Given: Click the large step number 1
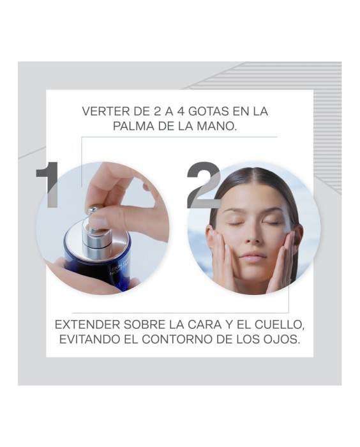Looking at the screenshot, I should [x=48, y=185].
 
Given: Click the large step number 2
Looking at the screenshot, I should [x=203, y=185].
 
